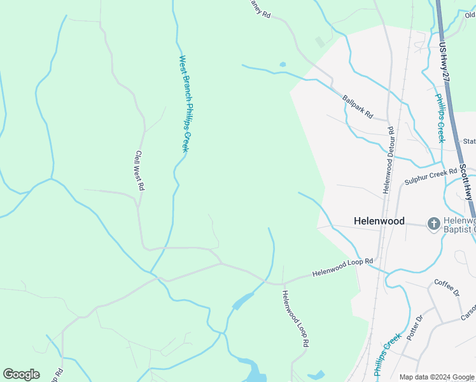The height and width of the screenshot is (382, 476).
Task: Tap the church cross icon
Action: point(433,223)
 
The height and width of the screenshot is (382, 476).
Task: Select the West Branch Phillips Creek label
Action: point(185,104)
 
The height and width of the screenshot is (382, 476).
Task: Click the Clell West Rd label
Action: point(140,171)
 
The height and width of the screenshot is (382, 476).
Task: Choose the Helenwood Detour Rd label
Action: point(388,160)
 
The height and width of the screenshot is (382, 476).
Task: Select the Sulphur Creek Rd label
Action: point(431,178)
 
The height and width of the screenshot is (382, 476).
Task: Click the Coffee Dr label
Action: point(446,287)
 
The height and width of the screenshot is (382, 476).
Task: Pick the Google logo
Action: point(21,374)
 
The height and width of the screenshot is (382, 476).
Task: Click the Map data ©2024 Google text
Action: point(437,377)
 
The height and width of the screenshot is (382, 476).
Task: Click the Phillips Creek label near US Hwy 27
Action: point(439,118)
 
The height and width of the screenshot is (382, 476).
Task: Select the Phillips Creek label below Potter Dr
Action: point(388,355)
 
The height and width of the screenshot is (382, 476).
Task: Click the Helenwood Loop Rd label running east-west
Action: point(342,267)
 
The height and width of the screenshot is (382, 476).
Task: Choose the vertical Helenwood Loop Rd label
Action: point(296,318)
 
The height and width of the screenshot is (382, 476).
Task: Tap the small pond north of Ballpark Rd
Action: point(283,64)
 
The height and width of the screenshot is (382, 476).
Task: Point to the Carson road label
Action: point(468,311)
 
